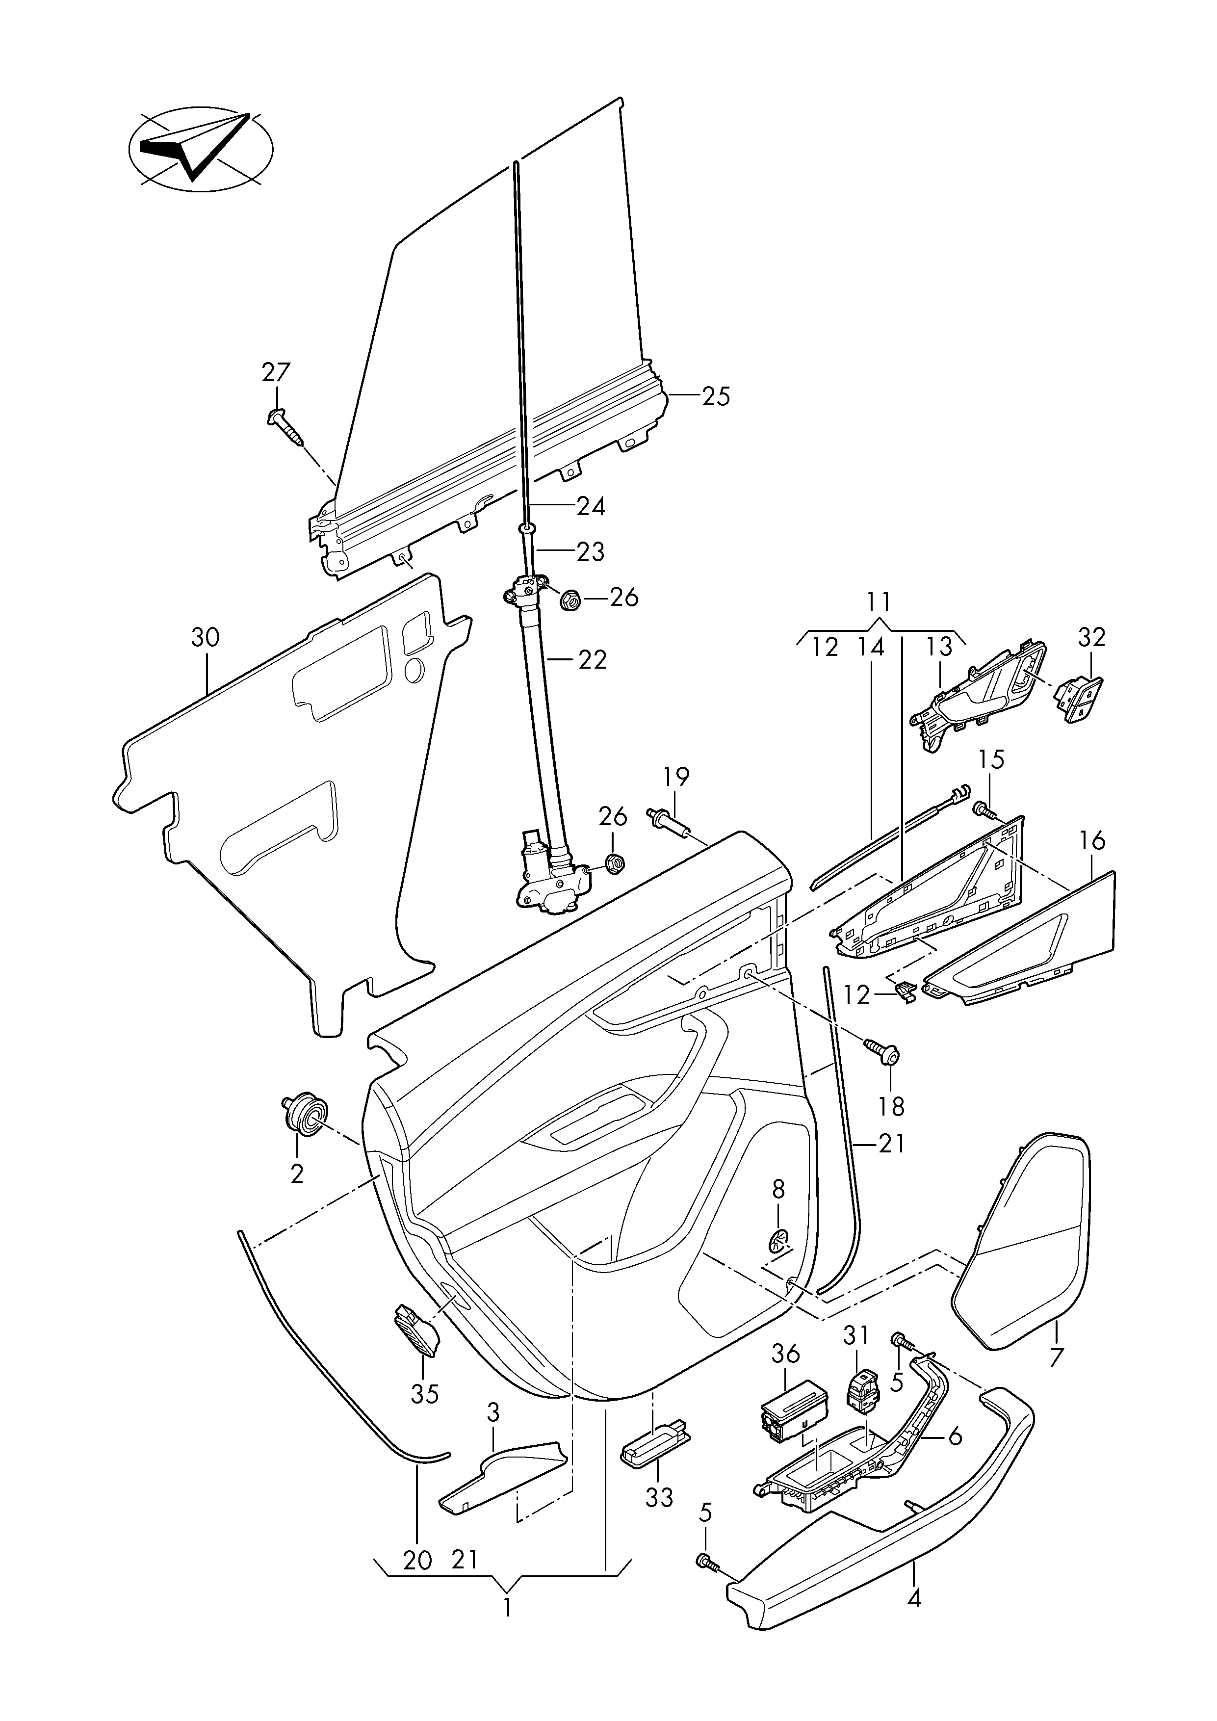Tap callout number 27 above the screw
277,372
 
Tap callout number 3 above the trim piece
492,1413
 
